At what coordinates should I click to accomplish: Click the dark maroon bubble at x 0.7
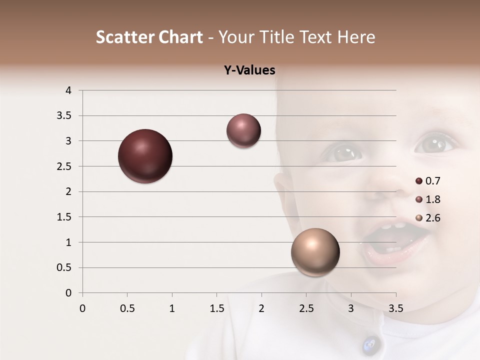[x=145, y=156]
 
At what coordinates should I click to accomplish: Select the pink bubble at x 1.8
[x=243, y=131]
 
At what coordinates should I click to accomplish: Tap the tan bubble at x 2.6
[x=315, y=252]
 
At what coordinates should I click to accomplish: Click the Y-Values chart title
[x=249, y=70]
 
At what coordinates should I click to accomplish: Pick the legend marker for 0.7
[x=419, y=181]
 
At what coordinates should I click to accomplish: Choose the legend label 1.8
[x=432, y=199]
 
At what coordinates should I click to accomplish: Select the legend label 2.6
[x=432, y=218]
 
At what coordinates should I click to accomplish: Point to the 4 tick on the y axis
[x=69, y=90]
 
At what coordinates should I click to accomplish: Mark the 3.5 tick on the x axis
[x=395, y=308]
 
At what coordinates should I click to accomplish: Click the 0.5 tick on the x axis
[x=127, y=308]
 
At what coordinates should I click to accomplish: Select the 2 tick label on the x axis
[x=261, y=308]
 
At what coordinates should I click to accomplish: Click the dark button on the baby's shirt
[x=370, y=344]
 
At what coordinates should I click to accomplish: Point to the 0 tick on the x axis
[x=82, y=308]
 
